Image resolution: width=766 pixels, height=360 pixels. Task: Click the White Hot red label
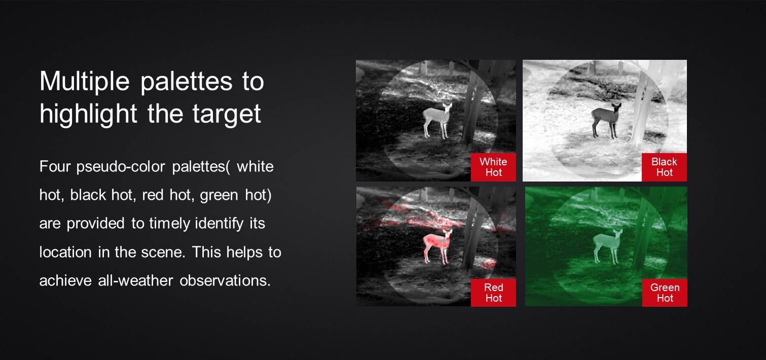click(493, 167)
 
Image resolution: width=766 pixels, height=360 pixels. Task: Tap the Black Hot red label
click(664, 167)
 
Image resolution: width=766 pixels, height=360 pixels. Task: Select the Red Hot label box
click(493, 293)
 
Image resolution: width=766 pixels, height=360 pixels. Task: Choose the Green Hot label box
click(665, 293)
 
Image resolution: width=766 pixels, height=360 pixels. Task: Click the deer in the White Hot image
click(436, 120)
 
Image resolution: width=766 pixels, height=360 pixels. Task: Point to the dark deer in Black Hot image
click(606, 120)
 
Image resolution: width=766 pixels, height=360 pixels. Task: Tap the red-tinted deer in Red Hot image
click(437, 246)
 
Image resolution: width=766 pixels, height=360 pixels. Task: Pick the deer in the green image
click(607, 246)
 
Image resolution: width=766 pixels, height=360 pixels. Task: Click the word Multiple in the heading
click(85, 82)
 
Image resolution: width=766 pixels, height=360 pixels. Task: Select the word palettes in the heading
click(187, 82)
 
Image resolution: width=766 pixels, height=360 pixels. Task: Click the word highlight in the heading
click(88, 114)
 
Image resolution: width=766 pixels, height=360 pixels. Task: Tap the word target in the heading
click(227, 114)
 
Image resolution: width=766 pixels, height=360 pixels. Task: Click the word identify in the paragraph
click(219, 224)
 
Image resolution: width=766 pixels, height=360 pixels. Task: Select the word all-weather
click(135, 281)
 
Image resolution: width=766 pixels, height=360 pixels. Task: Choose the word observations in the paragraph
click(225, 281)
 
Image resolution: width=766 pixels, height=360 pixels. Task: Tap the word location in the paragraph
click(65, 253)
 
